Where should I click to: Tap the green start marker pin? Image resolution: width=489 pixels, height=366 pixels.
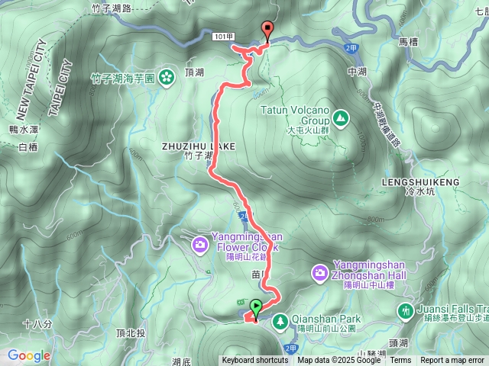coord(255,308)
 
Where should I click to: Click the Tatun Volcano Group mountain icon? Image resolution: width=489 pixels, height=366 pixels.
coord(339,117)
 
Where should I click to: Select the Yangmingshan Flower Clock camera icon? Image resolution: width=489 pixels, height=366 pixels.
coord(199,244)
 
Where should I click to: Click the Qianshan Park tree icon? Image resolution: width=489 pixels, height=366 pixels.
coord(280,321)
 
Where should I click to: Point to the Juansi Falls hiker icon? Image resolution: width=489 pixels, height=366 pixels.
coord(405,310)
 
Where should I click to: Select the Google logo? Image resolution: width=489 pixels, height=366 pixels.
coord(29,355)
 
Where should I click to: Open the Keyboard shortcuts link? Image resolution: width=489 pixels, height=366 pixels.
coord(254,361)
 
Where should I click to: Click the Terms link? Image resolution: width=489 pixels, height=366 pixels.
coord(400,361)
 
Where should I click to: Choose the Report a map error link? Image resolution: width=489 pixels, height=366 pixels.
coord(454,361)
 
